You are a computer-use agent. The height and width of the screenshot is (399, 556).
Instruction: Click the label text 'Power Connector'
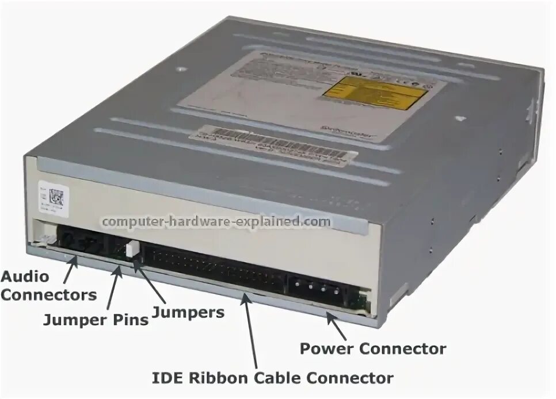point(372,348)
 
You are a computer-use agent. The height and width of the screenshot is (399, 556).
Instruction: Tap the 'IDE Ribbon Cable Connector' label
point(272,378)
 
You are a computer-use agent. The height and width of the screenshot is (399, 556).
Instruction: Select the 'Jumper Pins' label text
point(96,320)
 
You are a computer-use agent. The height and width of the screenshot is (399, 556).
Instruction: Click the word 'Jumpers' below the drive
point(188,312)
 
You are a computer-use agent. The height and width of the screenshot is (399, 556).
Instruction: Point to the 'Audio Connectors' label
point(48,286)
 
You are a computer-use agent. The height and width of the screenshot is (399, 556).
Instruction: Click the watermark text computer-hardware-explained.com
point(216,221)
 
